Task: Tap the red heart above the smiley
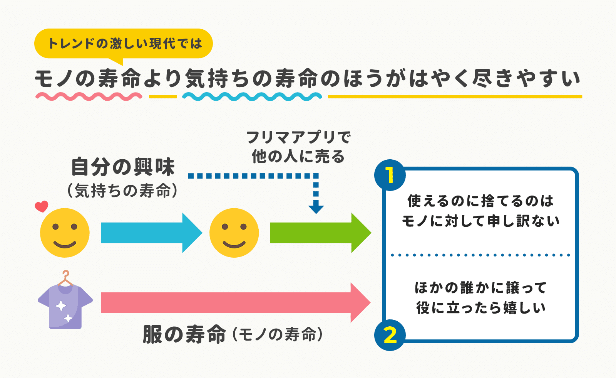tap(42, 206)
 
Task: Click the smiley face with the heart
tap(65, 233)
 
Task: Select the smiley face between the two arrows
tap(234, 233)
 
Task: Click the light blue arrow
tap(150, 233)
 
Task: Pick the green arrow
tap(320, 233)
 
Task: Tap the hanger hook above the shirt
tap(66, 275)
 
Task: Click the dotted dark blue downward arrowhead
tap(316, 208)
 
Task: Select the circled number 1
tap(390, 175)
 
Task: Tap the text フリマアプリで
tap(298, 137)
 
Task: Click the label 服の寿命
tap(184, 334)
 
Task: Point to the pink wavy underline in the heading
tap(89, 96)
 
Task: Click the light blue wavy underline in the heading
tap(252, 96)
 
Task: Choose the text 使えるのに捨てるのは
tap(480, 201)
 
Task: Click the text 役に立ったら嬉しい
tap(480, 308)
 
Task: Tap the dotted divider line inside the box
tap(480, 255)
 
